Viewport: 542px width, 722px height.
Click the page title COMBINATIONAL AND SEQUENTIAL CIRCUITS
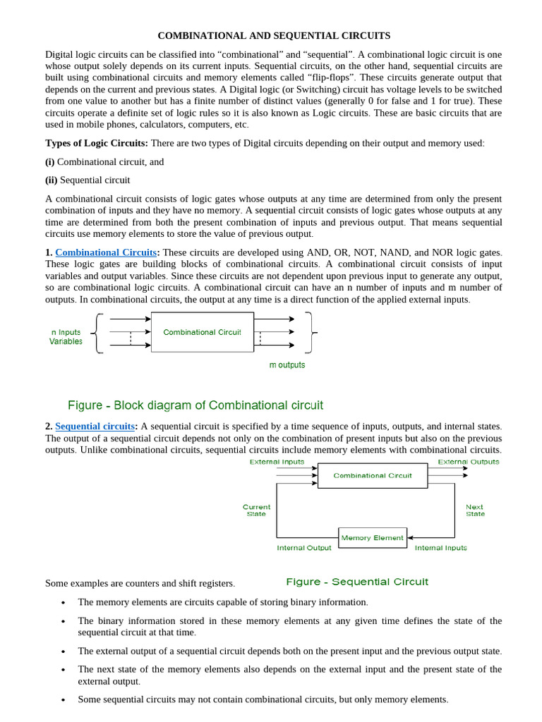[x=273, y=35]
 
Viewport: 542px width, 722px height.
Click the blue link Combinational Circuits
[x=106, y=252]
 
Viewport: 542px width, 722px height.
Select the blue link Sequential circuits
[x=95, y=427]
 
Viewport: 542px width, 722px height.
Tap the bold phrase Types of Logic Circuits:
[x=97, y=143]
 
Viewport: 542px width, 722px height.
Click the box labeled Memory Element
[x=372, y=537]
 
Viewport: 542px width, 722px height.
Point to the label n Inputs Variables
[x=66, y=336]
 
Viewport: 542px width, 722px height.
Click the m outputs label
[x=287, y=365]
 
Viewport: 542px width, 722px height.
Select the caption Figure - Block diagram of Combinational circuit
[x=195, y=405]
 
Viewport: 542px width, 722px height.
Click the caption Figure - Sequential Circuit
[x=356, y=582]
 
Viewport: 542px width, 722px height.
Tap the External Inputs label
[x=277, y=462]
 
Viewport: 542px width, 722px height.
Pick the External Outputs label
[x=468, y=462]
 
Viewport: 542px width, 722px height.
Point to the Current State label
[x=256, y=510]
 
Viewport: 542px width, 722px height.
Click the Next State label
[x=475, y=510]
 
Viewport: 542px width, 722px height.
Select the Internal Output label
[x=303, y=548]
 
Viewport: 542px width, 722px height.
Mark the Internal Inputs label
[x=440, y=548]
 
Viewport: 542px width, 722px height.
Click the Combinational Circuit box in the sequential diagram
[x=372, y=475]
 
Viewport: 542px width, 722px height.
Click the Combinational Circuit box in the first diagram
[x=202, y=332]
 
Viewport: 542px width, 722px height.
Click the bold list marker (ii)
[x=51, y=180]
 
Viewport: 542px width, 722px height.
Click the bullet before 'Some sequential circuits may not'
[x=64, y=700]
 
